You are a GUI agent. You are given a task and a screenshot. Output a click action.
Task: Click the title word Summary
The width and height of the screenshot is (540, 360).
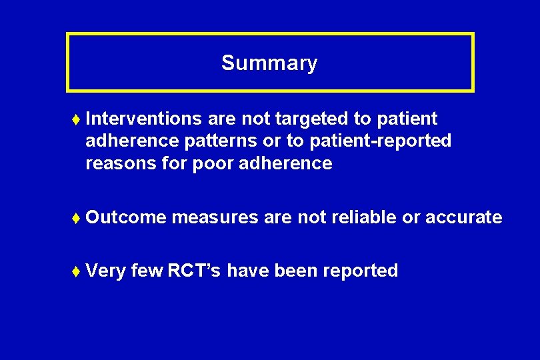pyautogui.click(x=269, y=63)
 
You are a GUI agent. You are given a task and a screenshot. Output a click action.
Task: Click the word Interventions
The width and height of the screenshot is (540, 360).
pyautogui.click(x=143, y=119)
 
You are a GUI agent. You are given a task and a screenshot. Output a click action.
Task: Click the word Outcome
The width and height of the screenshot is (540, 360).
pyautogui.click(x=126, y=217)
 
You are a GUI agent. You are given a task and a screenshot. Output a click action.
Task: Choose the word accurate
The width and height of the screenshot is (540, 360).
pyautogui.click(x=463, y=217)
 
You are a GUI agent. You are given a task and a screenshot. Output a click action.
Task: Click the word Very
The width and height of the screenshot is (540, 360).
pyautogui.click(x=106, y=271)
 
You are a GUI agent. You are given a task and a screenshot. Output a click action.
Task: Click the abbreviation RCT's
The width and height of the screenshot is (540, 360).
pyautogui.click(x=195, y=271)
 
